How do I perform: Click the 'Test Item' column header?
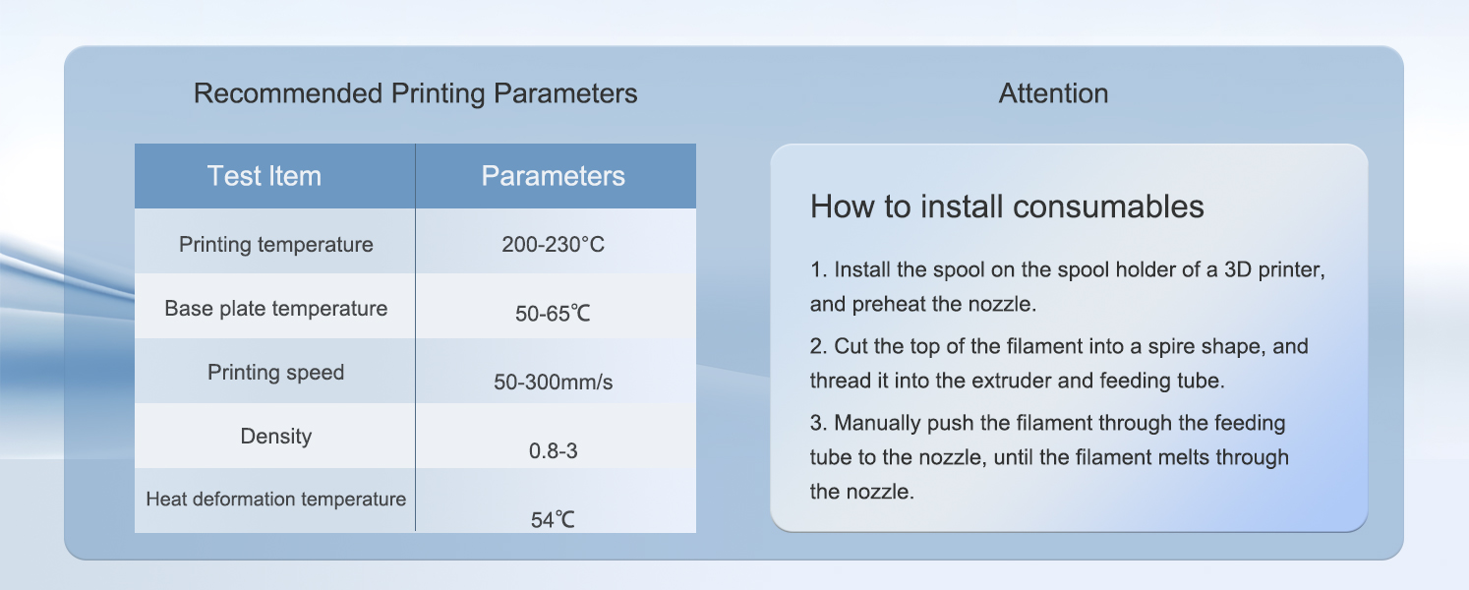pos(264,176)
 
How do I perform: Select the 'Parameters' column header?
pos(553,176)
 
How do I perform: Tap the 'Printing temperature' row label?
pos(275,245)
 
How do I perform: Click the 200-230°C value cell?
pos(553,245)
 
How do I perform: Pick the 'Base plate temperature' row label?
pos(275,308)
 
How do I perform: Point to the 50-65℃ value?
pos(553,314)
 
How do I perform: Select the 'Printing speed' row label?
pos(275,373)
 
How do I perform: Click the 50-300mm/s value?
pos(553,382)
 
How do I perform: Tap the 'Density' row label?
pos(275,436)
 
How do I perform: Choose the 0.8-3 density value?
pos(553,451)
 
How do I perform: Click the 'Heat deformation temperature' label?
pos(275,499)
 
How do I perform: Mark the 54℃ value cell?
pos(553,520)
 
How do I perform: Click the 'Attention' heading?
pos(1053,93)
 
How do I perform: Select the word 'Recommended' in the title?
pos(288,93)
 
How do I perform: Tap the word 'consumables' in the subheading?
pos(1108,206)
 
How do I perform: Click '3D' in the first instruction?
pos(1238,269)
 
